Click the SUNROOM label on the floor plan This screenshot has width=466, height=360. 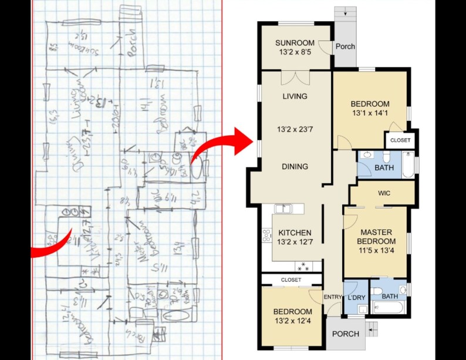click(296, 42)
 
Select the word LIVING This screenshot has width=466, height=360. click(295, 96)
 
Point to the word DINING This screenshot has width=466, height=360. click(295, 167)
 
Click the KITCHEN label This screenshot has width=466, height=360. click(295, 233)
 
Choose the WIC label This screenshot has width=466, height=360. click(384, 193)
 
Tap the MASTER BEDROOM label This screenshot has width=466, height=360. click(376, 237)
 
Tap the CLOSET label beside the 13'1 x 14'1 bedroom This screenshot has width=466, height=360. click(400, 141)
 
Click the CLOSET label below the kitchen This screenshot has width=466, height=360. click(291, 280)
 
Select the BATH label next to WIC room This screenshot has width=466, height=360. click(384, 168)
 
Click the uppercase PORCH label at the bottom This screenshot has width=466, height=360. click(346, 334)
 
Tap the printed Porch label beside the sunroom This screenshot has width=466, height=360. click(345, 46)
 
